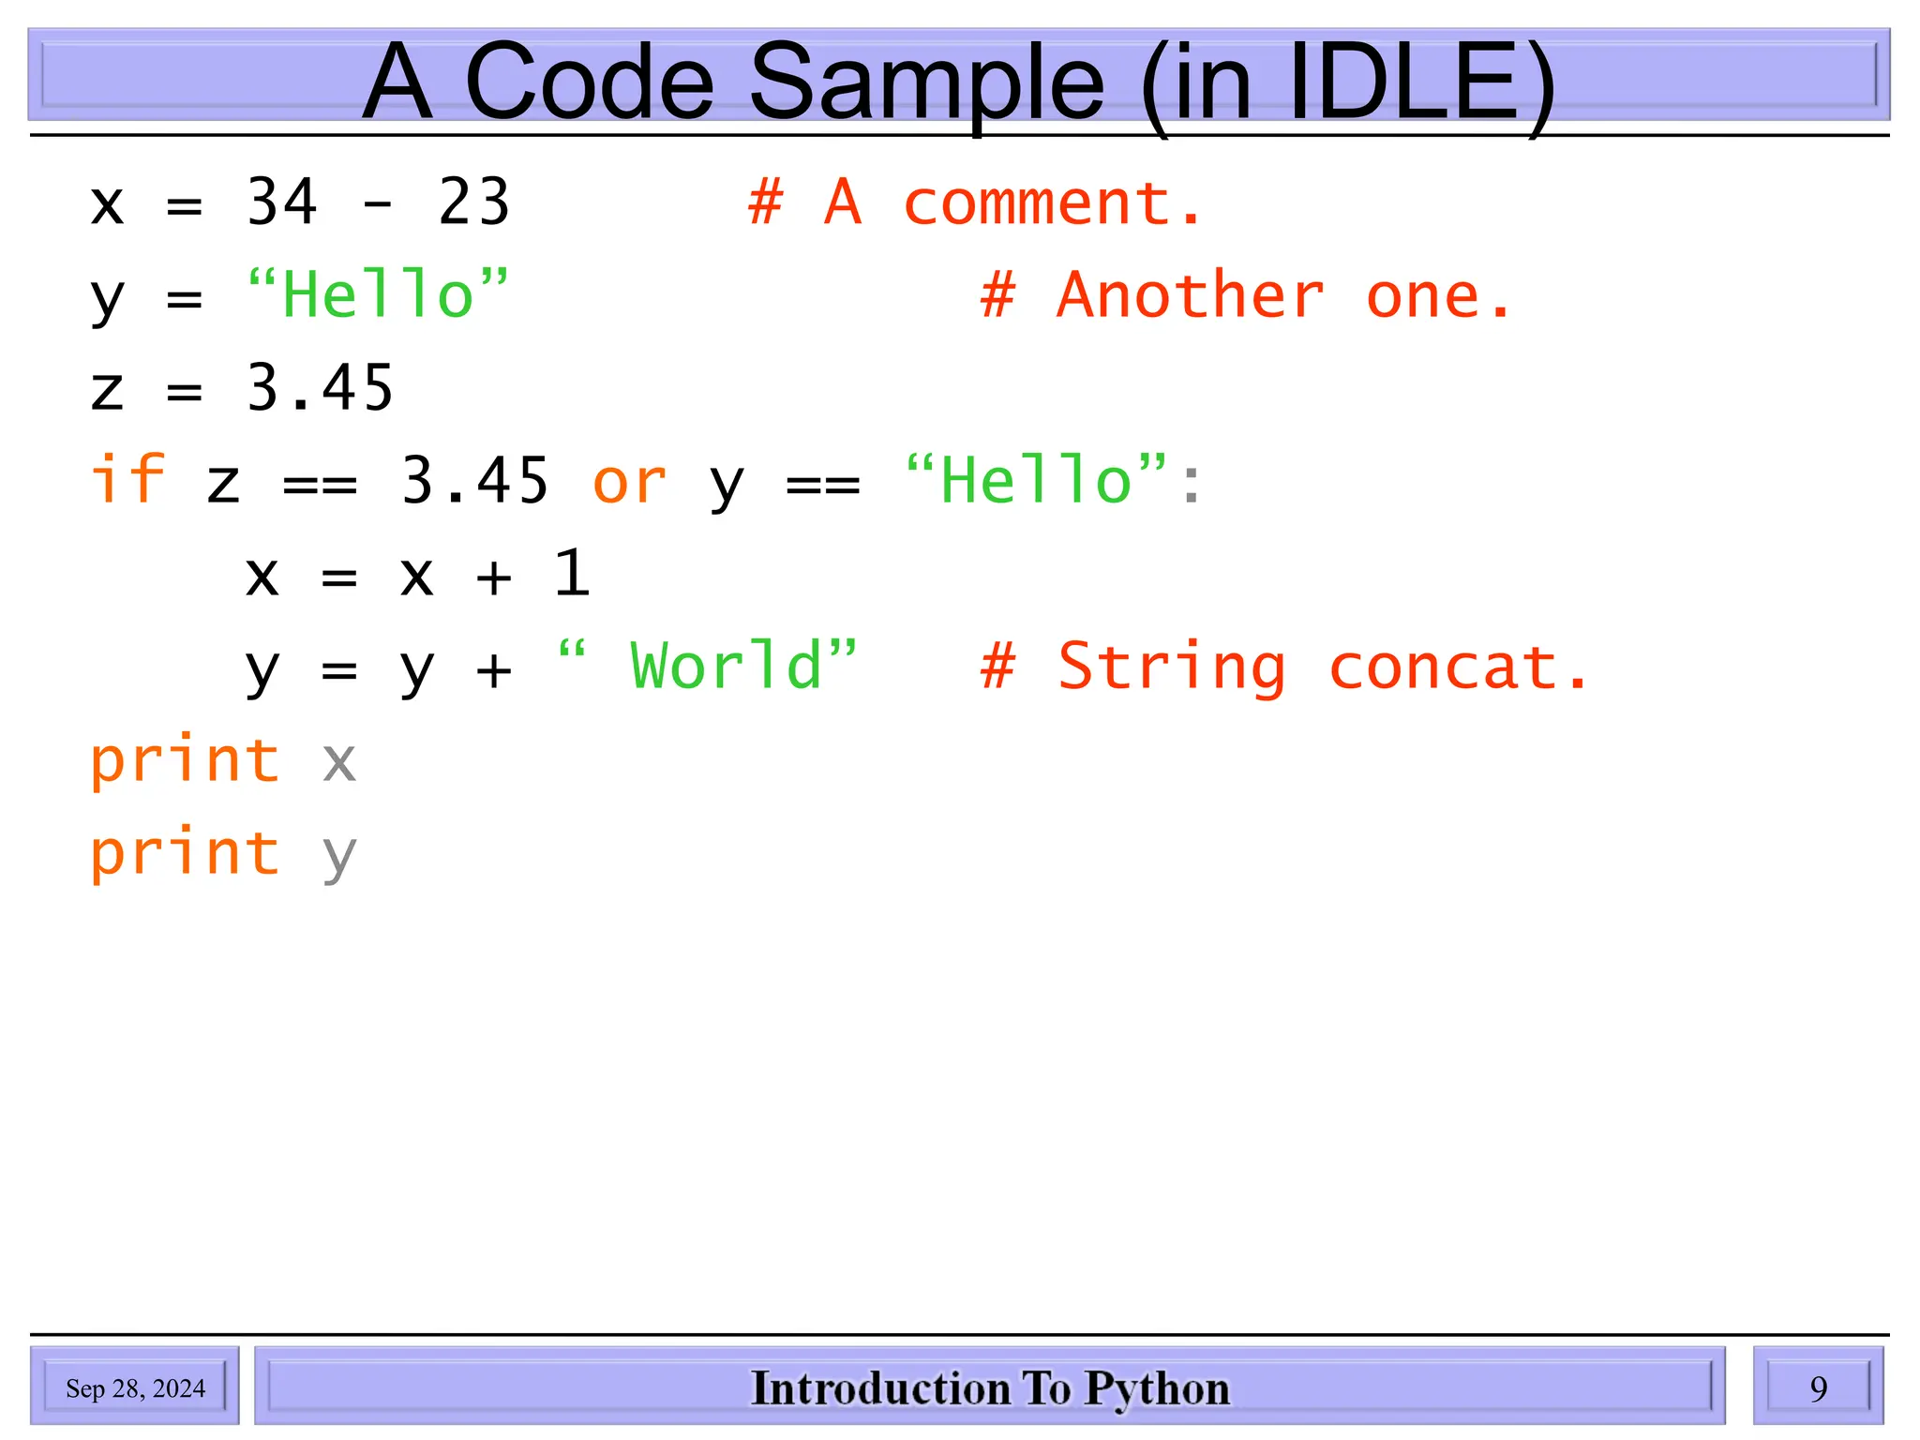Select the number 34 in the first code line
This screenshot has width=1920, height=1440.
[x=281, y=202]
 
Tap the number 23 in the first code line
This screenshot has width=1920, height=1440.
[x=473, y=202]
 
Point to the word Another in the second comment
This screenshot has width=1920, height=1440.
[x=1191, y=295]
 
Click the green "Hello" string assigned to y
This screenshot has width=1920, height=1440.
[x=378, y=295]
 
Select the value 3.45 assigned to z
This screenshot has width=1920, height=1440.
[x=320, y=388]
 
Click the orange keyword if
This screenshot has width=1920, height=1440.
[x=127, y=480]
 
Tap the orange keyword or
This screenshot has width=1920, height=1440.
[x=629, y=482]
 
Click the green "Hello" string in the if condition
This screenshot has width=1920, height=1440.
[x=1036, y=480]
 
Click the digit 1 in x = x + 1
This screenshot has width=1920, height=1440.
[x=571, y=573]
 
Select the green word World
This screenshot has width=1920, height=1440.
[x=727, y=667]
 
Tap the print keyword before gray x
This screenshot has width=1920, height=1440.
[x=185, y=760]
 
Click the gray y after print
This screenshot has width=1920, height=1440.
[x=338, y=855]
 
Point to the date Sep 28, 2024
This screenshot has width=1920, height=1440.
[x=135, y=1388]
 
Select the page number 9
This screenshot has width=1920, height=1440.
[x=1818, y=1388]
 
